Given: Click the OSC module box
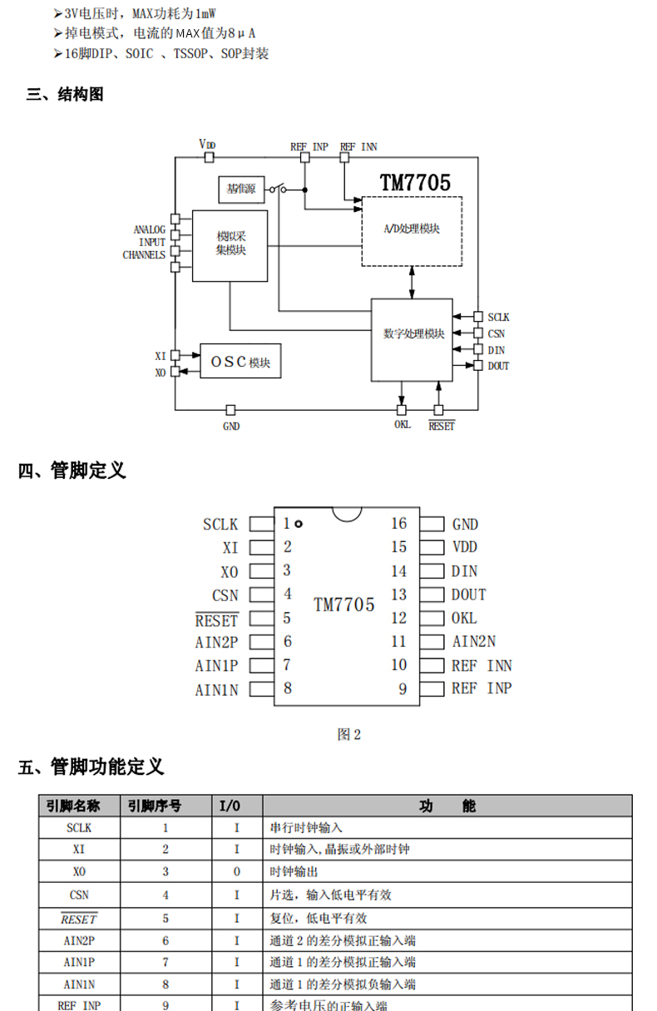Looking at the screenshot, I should (x=240, y=362).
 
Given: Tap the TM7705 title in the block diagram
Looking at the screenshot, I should (x=415, y=183).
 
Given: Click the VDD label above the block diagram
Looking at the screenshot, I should (x=207, y=145).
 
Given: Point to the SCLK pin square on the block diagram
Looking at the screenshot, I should (x=478, y=317).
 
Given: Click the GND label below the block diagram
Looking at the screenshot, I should (x=231, y=426).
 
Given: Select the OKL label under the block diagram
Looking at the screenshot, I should (x=403, y=424).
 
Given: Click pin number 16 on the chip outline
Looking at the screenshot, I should (x=399, y=523).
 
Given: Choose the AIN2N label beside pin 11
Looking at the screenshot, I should (x=474, y=641).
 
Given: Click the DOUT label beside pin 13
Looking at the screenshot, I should (x=469, y=594).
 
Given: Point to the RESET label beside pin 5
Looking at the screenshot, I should (x=216, y=620).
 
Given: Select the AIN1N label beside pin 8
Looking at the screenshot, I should (x=216, y=690).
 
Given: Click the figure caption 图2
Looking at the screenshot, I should (x=349, y=734).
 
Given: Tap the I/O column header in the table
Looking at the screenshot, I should (x=230, y=806).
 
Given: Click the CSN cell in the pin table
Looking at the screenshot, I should (x=80, y=895).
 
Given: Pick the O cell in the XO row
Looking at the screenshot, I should (x=236, y=872).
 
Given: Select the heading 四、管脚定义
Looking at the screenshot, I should (x=72, y=471).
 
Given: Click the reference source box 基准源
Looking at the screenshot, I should (x=240, y=190).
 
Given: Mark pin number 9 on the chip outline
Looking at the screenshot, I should (x=403, y=689).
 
